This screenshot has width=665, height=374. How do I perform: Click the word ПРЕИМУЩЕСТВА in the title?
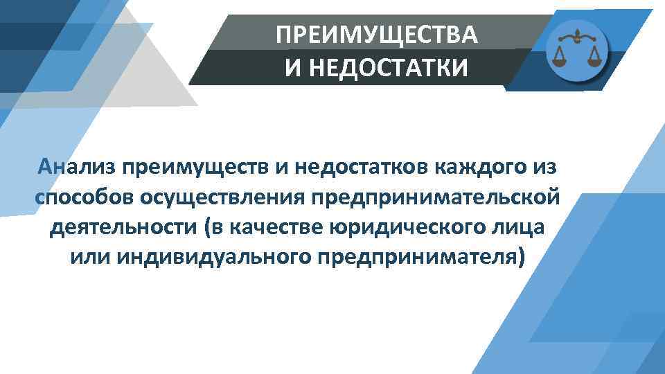pyautogui.click(x=376, y=35)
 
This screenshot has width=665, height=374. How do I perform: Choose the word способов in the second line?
pyautogui.click(x=84, y=197)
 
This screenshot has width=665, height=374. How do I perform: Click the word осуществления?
pyautogui.click(x=222, y=197)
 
